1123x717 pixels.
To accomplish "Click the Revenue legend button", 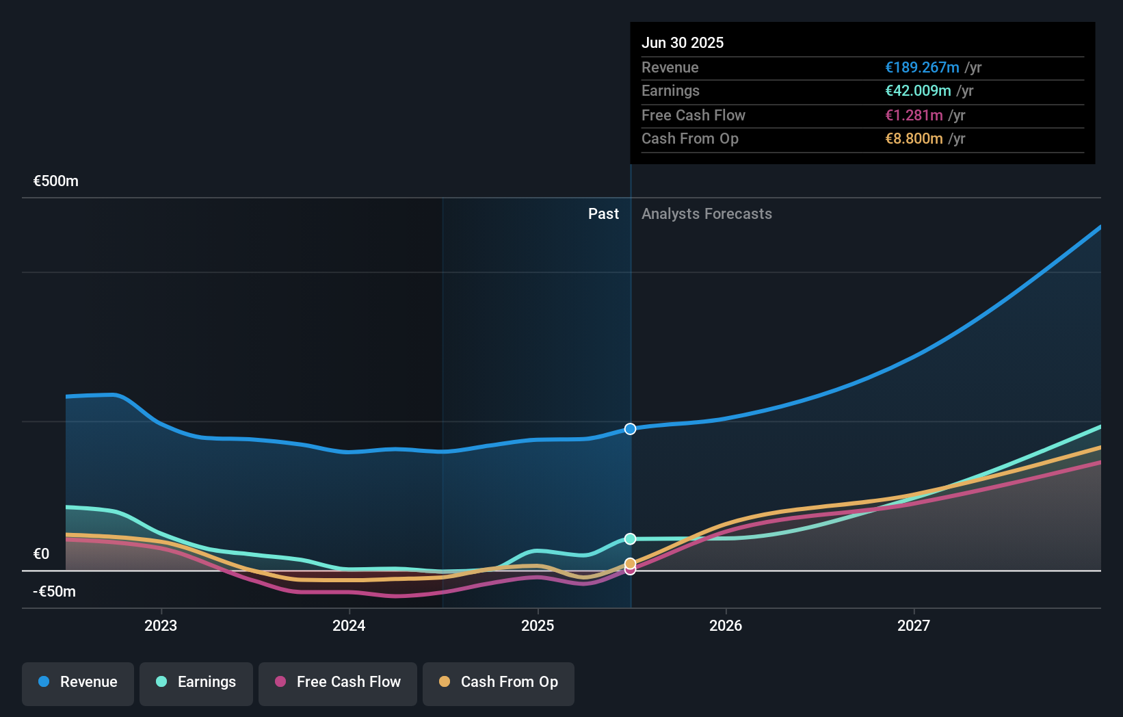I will (x=78, y=682).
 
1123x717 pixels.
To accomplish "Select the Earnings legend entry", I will (x=196, y=682).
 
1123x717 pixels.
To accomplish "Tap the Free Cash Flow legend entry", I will (x=338, y=682).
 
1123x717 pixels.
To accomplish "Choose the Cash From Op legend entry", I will (x=499, y=682).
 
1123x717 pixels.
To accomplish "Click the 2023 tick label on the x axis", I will (x=161, y=625).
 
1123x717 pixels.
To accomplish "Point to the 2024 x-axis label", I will (x=349, y=625).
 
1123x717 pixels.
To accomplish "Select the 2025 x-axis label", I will (x=538, y=625).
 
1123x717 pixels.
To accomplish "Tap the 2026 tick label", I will (x=726, y=625).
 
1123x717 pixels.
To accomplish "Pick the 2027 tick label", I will (x=914, y=625).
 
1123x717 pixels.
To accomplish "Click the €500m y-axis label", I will (x=56, y=181).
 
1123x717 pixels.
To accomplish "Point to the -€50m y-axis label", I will (x=55, y=592).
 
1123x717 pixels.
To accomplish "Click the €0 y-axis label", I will (x=41, y=554).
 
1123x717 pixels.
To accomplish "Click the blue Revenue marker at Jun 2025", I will (x=630, y=429).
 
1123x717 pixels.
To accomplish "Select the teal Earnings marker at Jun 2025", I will (x=630, y=539).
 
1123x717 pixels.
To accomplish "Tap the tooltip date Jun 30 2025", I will (x=682, y=42).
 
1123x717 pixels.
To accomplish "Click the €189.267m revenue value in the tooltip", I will (x=922, y=68).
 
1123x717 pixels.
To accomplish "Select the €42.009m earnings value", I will (x=918, y=91).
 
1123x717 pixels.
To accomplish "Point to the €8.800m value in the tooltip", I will (x=914, y=139).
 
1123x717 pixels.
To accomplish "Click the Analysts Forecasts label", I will (x=706, y=214).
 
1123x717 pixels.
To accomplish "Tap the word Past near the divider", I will (x=603, y=214).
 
